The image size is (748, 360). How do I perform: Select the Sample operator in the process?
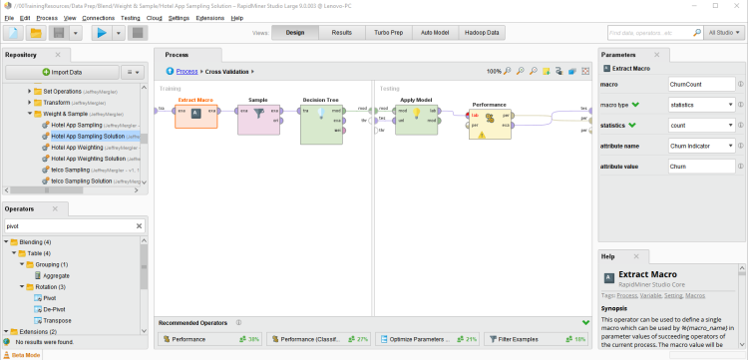pyautogui.click(x=258, y=116)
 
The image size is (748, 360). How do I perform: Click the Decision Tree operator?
pyautogui.click(x=320, y=120)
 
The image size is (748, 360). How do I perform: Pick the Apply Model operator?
pyautogui.click(x=416, y=116)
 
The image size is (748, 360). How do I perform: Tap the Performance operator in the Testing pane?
pyautogui.click(x=490, y=120)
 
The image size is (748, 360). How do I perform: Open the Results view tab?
pyautogui.click(x=341, y=33)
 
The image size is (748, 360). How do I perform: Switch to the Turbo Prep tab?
pyautogui.click(x=389, y=33)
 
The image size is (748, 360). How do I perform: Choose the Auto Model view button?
pyautogui.click(x=435, y=33)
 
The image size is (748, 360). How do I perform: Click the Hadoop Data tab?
pyautogui.click(x=481, y=33)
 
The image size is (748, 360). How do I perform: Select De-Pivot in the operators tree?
pyautogui.click(x=54, y=309)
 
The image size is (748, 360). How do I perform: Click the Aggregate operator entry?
pyautogui.click(x=57, y=275)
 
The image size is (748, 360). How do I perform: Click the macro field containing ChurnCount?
pyautogui.click(x=700, y=86)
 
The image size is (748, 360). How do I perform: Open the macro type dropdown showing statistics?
pyautogui.click(x=700, y=105)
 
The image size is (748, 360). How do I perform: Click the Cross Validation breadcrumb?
pyautogui.click(x=227, y=72)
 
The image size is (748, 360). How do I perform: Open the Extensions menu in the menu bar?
pyautogui.click(x=209, y=18)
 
